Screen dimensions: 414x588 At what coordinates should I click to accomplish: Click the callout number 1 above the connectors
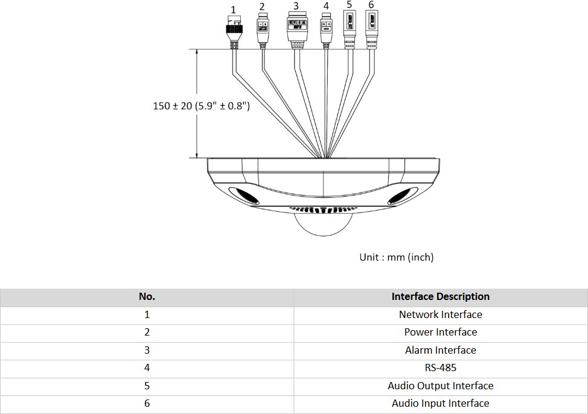click(x=234, y=10)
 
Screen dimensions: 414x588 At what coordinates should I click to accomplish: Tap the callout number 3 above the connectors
click(x=296, y=6)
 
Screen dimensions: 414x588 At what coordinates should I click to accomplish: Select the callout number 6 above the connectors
click(x=371, y=5)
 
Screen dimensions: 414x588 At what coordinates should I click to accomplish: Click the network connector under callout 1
click(x=234, y=30)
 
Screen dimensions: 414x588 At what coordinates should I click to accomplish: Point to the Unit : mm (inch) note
click(x=397, y=257)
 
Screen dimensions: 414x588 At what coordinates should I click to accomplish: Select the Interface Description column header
click(x=440, y=296)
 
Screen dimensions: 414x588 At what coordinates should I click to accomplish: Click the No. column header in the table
click(x=147, y=296)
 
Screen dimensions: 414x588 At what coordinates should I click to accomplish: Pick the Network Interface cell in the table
click(x=440, y=314)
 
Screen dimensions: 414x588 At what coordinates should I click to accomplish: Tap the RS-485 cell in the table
click(x=440, y=368)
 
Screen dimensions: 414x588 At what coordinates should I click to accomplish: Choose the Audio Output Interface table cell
click(x=440, y=386)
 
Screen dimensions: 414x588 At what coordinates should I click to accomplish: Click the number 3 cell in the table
click(x=147, y=350)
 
